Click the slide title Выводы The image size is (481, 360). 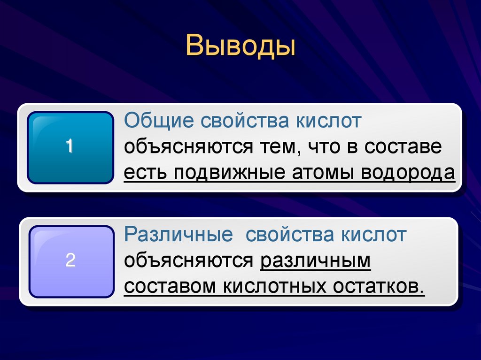[x=240, y=47]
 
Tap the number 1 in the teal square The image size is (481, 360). [x=70, y=146]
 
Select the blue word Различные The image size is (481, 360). [x=178, y=235]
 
